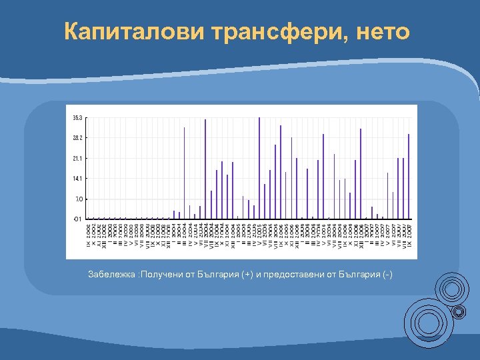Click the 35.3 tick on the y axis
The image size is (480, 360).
pos(78,118)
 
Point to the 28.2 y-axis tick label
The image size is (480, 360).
pos(78,138)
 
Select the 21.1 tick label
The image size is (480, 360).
pos(78,159)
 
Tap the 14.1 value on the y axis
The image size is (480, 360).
pos(78,179)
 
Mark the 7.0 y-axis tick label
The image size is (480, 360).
pos(79,199)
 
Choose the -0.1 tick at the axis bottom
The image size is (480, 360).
pos(78,219)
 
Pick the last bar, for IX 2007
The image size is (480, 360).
pos(409,177)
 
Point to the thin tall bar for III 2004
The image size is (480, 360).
pos(184,173)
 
